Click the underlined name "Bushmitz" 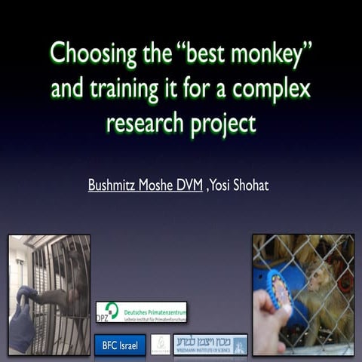coord(115,183)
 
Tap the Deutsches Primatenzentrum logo coord(141,311)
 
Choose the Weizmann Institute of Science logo coord(210,345)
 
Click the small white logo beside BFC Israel coord(160,345)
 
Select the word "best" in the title coord(188,55)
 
